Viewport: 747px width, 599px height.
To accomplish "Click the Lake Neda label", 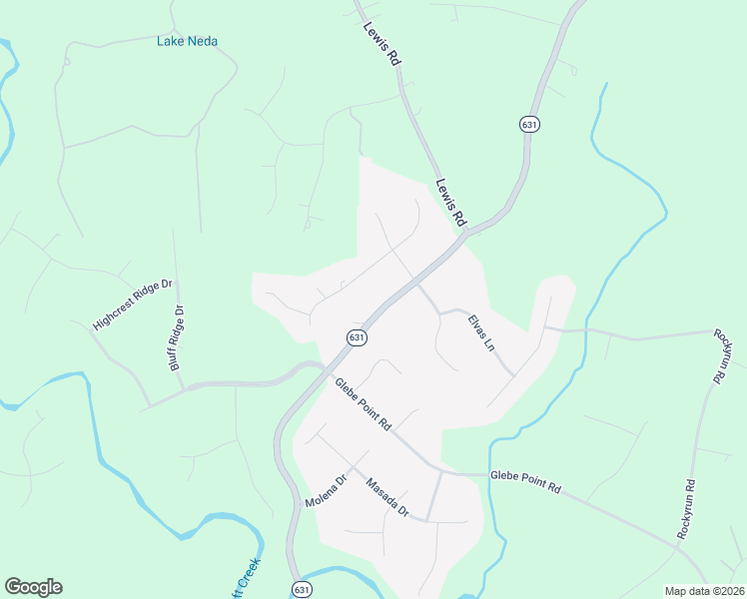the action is [187, 41].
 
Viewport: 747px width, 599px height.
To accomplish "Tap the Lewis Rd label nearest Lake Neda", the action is [381, 45].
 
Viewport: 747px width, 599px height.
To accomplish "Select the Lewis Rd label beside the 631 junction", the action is [450, 201].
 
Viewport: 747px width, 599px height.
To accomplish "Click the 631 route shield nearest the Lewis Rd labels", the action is [529, 124].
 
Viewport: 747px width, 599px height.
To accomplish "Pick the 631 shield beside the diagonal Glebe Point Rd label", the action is [357, 338].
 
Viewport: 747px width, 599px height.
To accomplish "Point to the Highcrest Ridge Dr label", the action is [133, 305].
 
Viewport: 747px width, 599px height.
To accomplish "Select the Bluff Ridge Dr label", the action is [178, 339].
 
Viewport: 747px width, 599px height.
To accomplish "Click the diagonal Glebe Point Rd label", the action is [363, 404].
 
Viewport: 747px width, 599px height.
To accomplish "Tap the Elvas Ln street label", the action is [481, 334].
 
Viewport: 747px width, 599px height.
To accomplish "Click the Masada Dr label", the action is [387, 497].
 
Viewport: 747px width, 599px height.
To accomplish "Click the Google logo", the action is [33, 587].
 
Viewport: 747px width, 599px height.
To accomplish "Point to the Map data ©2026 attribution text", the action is [704, 591].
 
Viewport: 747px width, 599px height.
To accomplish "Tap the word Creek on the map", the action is [248, 578].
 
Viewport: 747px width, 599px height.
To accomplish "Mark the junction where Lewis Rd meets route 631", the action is [465, 233].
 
